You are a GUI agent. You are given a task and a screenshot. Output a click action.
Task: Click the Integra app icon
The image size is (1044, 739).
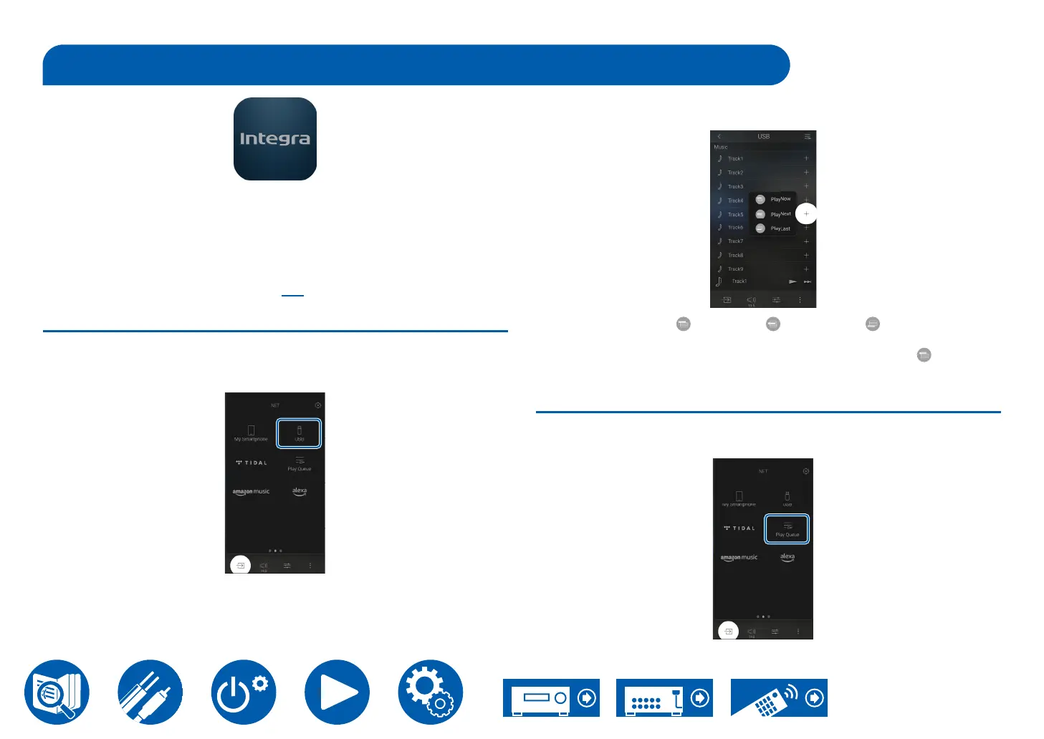click(275, 139)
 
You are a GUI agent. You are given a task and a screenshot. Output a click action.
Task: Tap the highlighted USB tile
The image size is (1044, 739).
click(299, 434)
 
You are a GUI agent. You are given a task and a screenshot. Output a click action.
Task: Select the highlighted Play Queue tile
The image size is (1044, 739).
click(787, 529)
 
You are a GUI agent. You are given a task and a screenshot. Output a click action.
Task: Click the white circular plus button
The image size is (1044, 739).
click(806, 213)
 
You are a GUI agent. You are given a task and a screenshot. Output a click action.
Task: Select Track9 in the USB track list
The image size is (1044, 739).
click(736, 269)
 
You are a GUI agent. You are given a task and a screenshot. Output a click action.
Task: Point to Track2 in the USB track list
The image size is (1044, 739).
click(736, 173)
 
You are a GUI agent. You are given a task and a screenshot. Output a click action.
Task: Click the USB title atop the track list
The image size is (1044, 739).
click(763, 136)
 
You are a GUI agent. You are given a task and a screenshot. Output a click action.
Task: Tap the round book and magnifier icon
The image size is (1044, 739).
click(57, 692)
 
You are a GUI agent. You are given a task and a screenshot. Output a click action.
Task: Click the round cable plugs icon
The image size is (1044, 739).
click(150, 692)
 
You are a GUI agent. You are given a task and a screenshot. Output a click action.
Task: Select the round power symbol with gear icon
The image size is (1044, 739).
click(244, 692)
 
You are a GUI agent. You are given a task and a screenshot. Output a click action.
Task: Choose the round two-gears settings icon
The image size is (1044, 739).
click(431, 692)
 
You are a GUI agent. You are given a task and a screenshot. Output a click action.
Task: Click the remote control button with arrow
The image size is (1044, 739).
click(779, 697)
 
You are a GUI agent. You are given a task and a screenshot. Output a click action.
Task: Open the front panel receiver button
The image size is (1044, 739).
click(551, 697)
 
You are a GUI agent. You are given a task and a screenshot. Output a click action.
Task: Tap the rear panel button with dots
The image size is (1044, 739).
click(664, 697)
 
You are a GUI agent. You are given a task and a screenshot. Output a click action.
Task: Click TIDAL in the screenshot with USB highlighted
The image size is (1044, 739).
click(252, 463)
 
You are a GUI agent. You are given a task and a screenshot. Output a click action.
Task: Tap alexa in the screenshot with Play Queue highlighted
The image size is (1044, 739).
click(787, 557)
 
